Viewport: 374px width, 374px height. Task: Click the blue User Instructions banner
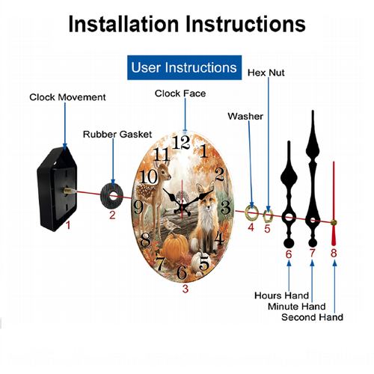(184, 67)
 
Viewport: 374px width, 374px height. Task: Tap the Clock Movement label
(67, 97)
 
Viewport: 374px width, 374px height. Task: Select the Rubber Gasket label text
(117, 135)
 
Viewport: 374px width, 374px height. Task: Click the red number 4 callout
(251, 227)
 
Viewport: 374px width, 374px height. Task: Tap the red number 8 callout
(334, 253)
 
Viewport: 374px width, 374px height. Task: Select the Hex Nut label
(266, 73)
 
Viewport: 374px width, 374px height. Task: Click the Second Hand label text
(312, 317)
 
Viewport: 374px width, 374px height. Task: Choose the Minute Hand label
(297, 307)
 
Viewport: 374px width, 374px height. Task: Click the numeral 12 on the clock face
(181, 142)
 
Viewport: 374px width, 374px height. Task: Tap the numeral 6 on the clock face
(182, 272)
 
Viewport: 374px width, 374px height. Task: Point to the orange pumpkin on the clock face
(176, 246)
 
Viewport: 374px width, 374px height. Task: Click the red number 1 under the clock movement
(68, 225)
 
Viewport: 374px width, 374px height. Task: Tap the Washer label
(245, 117)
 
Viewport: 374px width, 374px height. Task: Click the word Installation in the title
(123, 24)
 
